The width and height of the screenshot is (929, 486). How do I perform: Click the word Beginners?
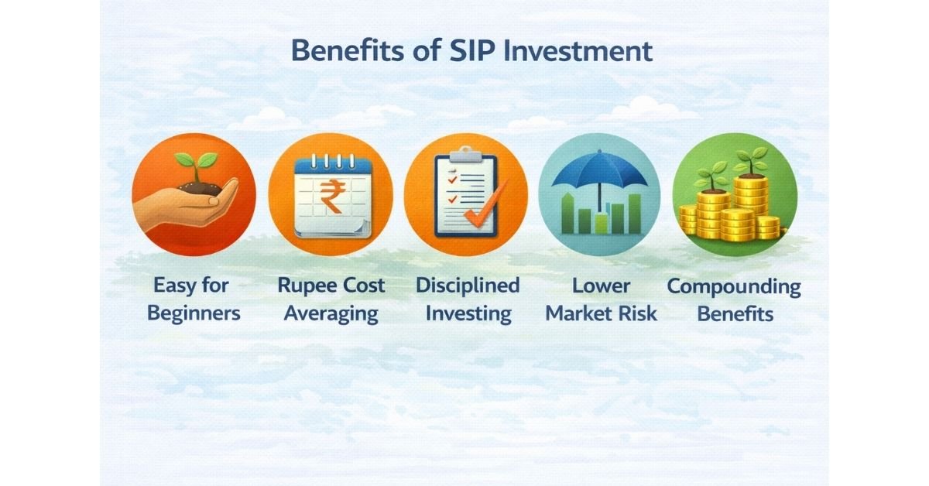click(x=194, y=313)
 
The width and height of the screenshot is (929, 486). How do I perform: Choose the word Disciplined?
click(x=468, y=286)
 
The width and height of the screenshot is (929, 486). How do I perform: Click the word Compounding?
click(x=734, y=287)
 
